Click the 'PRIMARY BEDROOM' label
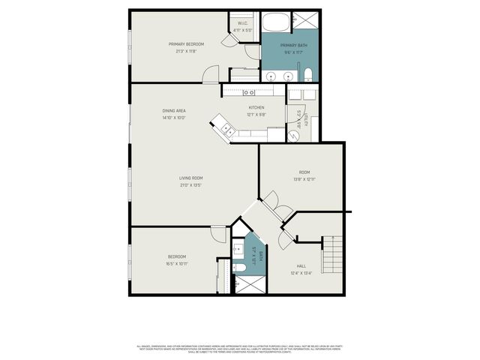(x=186, y=44)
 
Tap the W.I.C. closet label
(x=243, y=24)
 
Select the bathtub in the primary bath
(x=277, y=22)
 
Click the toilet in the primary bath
(x=308, y=73)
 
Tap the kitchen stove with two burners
(x=248, y=92)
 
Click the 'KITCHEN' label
(x=256, y=107)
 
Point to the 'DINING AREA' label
(x=173, y=111)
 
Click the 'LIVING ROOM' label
(x=190, y=178)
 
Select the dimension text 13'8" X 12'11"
(x=304, y=179)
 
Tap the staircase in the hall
(x=332, y=254)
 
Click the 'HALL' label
(x=301, y=266)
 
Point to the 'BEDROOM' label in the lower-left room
(x=177, y=256)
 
